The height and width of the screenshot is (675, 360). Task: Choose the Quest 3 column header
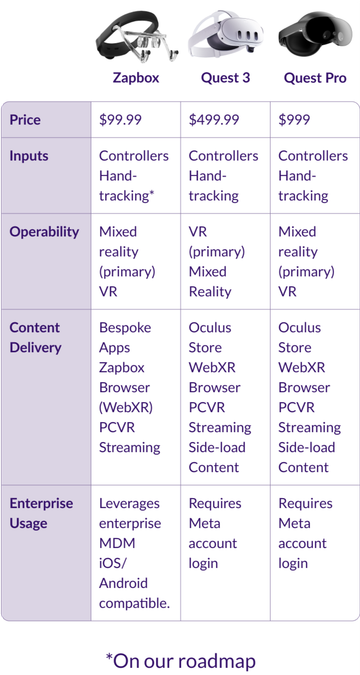[225, 77]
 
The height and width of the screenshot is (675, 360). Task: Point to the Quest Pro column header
[315, 77]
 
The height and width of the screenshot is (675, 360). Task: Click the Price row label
[26, 120]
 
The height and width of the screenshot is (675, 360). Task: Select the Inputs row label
[29, 156]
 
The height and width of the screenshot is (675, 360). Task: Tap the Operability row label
[44, 232]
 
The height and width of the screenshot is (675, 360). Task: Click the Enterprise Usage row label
[42, 513]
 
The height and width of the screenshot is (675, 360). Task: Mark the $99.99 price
[121, 120]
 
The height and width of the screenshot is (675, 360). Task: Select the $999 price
[297, 120]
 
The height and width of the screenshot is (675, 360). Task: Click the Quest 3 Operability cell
[212, 262]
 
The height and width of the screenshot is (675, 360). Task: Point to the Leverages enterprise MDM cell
[134, 553]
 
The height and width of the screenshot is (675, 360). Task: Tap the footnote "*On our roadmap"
[180, 660]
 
